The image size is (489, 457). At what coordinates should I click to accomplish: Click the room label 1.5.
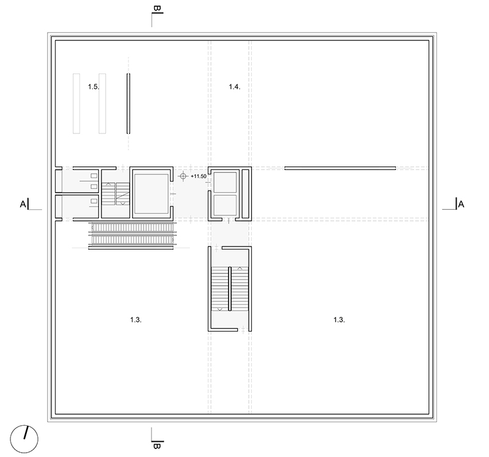[x=94, y=87]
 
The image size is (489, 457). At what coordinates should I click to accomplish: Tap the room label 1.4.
[x=235, y=87]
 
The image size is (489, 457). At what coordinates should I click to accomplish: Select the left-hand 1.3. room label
[x=136, y=319]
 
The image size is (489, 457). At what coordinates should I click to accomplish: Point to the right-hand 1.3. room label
[x=339, y=319]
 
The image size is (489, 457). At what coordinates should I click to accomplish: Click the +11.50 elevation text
[x=198, y=176]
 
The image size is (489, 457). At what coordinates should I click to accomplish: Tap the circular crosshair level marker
[x=183, y=176]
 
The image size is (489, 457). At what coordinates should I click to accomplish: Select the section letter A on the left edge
[x=23, y=204]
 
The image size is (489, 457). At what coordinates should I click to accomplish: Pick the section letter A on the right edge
[x=461, y=204]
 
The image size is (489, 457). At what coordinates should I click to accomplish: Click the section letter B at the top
[x=157, y=9]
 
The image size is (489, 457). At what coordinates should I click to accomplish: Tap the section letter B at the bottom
[x=157, y=446]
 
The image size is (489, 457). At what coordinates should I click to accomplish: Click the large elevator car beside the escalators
[x=151, y=193]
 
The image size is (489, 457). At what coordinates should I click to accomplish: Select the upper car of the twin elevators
[x=225, y=182]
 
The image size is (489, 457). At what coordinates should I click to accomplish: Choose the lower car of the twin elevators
[x=225, y=206]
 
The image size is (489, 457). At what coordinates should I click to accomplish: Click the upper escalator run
[x=132, y=227]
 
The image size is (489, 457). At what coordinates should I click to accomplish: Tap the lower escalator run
[x=132, y=240]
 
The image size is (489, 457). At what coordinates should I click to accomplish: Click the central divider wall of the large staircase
[x=230, y=289]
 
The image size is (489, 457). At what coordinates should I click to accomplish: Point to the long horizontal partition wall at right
[x=340, y=168]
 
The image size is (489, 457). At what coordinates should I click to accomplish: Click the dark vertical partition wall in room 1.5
[x=128, y=103]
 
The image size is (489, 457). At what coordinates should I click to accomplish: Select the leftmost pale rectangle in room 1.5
[x=76, y=103]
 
